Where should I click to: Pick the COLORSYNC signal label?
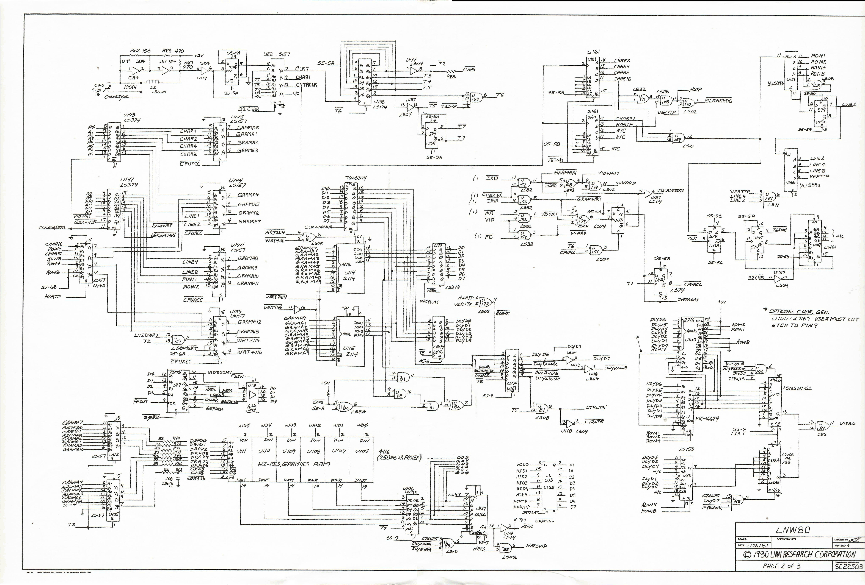point(117,97)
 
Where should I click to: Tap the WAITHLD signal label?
point(625,183)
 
